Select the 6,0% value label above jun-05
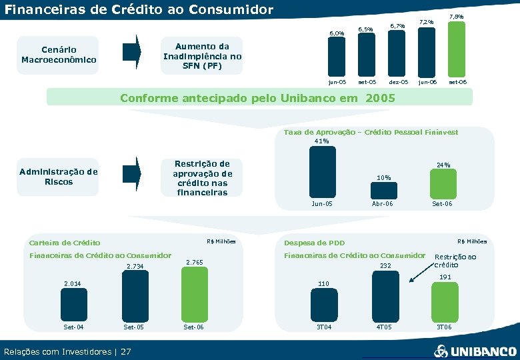click(x=337, y=33)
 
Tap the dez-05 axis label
click(x=398, y=82)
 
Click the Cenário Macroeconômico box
click(x=59, y=55)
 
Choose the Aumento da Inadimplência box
click(x=202, y=56)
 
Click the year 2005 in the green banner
click(x=380, y=98)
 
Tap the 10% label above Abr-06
click(x=383, y=177)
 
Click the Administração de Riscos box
click(x=59, y=177)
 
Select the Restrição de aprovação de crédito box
click(x=202, y=177)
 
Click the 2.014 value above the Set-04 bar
click(x=72, y=283)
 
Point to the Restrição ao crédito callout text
click(x=455, y=260)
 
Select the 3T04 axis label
click(x=323, y=327)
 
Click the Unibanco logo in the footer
click(x=475, y=351)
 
